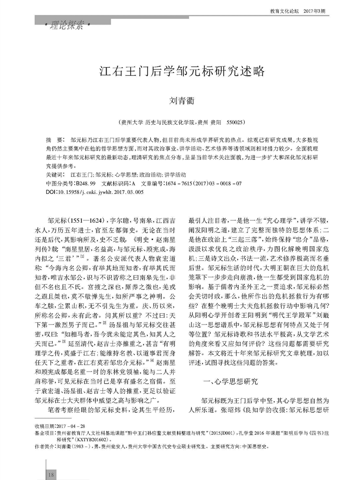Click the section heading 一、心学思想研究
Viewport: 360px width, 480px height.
point(230,382)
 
